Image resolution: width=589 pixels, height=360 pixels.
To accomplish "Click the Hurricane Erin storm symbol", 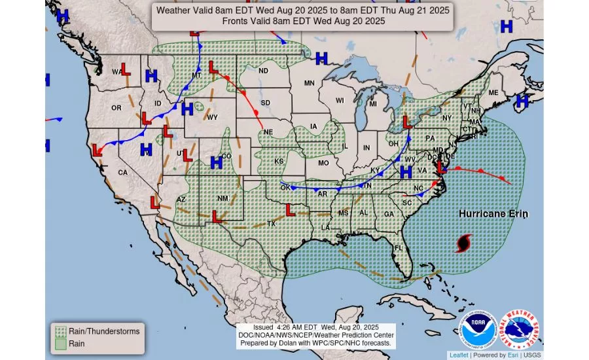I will click(x=463, y=243).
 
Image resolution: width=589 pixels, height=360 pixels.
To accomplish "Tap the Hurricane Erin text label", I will click(x=493, y=214).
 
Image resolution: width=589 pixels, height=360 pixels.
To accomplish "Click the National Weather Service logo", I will click(x=520, y=329).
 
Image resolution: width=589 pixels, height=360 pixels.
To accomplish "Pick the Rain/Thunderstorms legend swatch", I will click(x=61, y=331).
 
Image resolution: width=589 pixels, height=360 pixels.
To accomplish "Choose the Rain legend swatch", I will click(x=61, y=343).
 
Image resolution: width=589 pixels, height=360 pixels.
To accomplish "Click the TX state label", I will click(x=271, y=223).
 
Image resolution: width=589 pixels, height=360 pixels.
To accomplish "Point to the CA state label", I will click(x=122, y=173).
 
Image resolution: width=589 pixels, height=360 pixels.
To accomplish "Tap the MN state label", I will click(x=310, y=83).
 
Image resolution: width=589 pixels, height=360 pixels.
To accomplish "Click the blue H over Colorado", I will click(x=216, y=162).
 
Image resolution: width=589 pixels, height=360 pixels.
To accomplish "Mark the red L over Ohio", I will click(x=407, y=122).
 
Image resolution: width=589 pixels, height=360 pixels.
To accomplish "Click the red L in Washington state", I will click(x=127, y=71).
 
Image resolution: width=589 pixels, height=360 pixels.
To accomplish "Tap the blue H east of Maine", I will click(x=522, y=101).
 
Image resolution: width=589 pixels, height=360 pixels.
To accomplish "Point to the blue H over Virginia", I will click(x=406, y=171).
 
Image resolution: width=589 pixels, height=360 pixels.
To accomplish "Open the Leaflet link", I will click(x=459, y=355).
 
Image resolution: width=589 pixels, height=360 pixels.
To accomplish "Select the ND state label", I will click(x=264, y=71).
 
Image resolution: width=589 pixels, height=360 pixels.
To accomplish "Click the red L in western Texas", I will click(x=216, y=216).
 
